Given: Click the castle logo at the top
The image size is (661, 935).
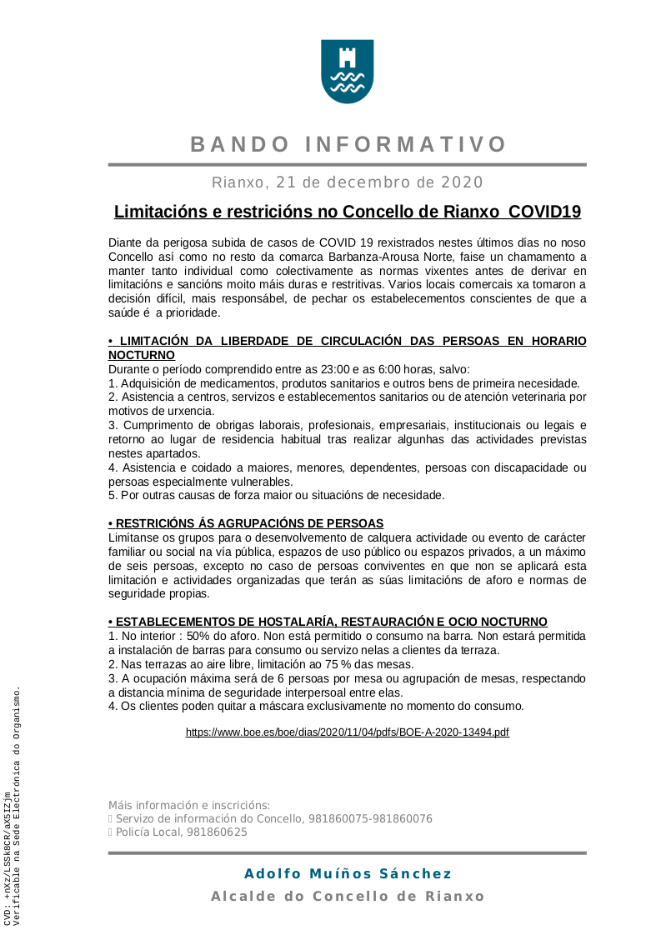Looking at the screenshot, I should coord(348,72).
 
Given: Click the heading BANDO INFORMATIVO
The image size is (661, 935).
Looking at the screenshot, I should coord(348,144).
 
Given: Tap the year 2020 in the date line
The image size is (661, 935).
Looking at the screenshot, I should coord(462,182).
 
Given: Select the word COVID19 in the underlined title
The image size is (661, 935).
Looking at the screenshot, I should coord(544,212).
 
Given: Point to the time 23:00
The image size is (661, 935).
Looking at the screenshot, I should coord(338,369).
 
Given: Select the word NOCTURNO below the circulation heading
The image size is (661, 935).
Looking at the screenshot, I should coord(142,355).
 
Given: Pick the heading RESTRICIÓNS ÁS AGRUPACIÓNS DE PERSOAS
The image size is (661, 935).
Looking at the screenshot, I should coord(246,523).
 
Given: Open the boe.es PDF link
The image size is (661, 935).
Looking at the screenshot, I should coord(347,732).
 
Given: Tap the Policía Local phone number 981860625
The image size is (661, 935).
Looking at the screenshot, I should coord(217,832).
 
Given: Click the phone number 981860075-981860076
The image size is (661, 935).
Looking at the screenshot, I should coord(370,819).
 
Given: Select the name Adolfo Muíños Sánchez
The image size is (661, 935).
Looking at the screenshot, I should coord(348,874).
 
